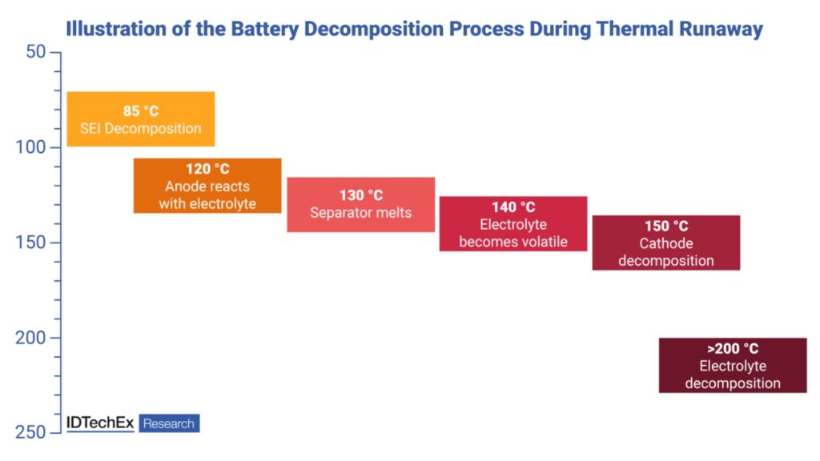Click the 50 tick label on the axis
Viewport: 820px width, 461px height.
click(x=35, y=52)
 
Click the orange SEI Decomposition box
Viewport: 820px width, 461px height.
click(x=141, y=119)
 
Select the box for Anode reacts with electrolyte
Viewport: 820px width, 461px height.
click(x=207, y=186)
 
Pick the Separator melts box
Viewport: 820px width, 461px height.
click(x=360, y=204)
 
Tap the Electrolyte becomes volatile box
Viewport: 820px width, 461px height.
click(x=512, y=224)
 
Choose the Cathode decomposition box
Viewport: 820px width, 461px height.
click(x=665, y=243)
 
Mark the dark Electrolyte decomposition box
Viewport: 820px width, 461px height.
click(x=732, y=365)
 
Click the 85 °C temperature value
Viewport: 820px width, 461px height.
click(x=141, y=110)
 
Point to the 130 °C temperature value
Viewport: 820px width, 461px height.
click(x=360, y=195)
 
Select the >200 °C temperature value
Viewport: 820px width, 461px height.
click(x=732, y=349)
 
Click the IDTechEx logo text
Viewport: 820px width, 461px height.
click(x=100, y=423)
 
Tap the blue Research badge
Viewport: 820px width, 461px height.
click(x=169, y=423)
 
